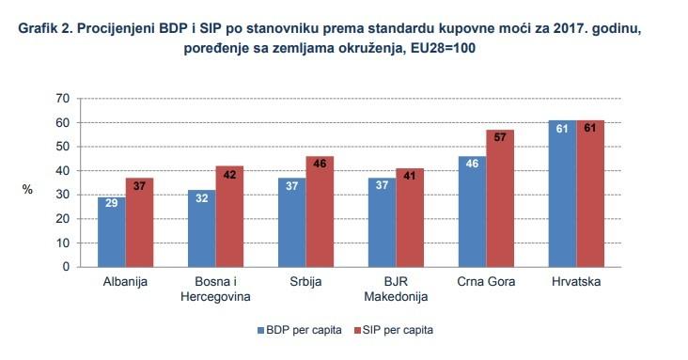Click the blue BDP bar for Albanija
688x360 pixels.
click(x=111, y=232)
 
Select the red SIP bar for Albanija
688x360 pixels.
click(x=139, y=223)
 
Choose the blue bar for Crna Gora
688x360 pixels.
click(x=471, y=211)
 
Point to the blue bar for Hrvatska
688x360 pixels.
click(x=561, y=194)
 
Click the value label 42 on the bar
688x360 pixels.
click(x=230, y=174)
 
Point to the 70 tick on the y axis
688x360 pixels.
click(x=63, y=98)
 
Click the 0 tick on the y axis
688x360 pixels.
click(x=66, y=267)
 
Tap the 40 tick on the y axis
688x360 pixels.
click(x=63, y=170)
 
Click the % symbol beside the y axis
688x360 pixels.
click(x=27, y=189)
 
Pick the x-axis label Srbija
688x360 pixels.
click(x=305, y=281)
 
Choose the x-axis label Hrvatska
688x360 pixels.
click(x=575, y=281)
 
